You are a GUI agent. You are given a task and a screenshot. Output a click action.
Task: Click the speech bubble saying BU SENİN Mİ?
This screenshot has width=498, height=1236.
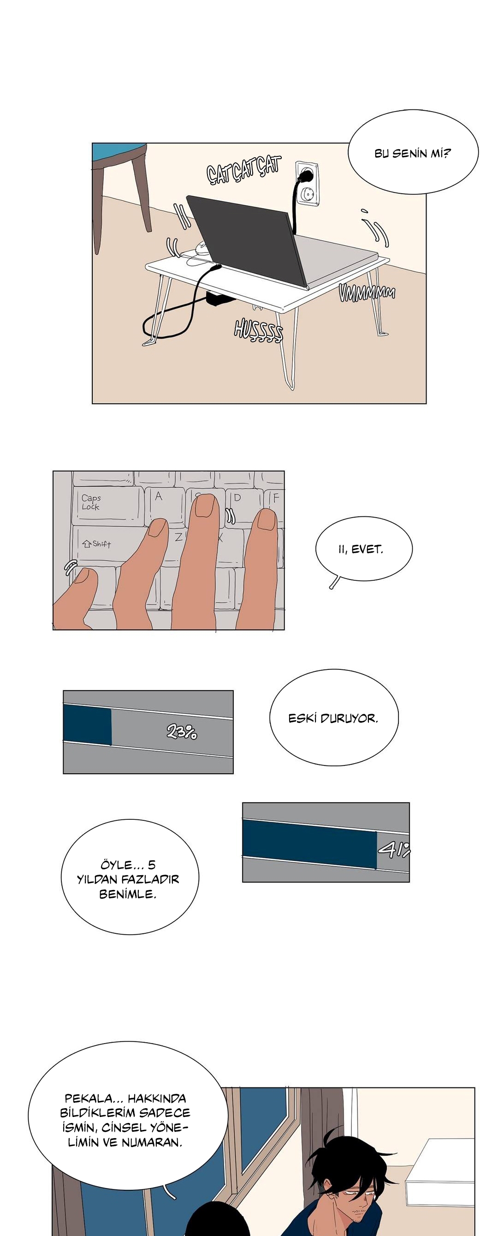[413, 152]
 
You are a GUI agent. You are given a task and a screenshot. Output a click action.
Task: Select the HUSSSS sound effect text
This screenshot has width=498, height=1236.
[259, 331]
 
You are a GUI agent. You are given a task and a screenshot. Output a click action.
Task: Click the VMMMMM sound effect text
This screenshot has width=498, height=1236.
[367, 292]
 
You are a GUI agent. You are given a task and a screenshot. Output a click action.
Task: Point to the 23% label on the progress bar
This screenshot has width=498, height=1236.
[181, 732]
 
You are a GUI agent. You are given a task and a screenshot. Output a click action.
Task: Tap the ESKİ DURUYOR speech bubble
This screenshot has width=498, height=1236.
[334, 718]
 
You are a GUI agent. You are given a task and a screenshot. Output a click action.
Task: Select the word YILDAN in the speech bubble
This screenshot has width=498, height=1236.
[98, 879]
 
